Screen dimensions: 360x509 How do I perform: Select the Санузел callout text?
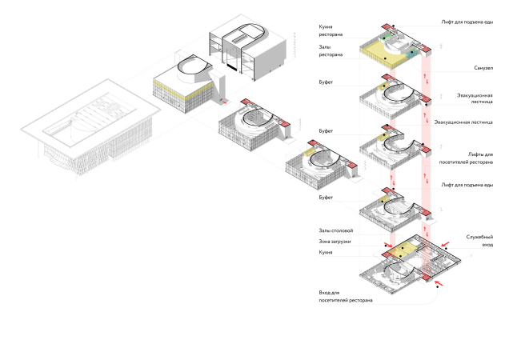483,67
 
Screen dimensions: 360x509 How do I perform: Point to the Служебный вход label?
480,241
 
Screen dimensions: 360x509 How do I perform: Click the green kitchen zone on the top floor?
387,38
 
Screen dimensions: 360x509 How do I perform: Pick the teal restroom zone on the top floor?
412,53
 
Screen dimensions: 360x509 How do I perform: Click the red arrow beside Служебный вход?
445,240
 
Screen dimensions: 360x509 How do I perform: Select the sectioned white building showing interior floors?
246,52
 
